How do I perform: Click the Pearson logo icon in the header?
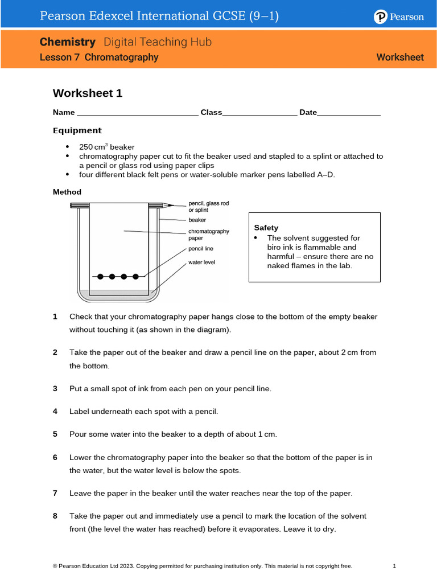(x=381, y=17)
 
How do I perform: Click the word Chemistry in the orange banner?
(x=67, y=42)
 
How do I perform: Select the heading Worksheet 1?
(x=88, y=93)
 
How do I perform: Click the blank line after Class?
(x=259, y=113)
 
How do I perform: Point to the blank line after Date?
(x=349, y=113)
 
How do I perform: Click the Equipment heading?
(x=77, y=130)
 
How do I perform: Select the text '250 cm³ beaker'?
(x=106, y=147)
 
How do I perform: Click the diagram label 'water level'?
(x=201, y=262)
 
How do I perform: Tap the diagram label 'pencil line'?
(x=201, y=248)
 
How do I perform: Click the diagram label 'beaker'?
(x=197, y=219)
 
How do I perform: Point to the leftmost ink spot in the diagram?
(x=101, y=277)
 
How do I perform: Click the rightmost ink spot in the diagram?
(x=135, y=277)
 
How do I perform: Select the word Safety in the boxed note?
(x=266, y=228)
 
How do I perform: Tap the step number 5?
(x=55, y=434)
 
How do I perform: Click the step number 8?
(x=55, y=516)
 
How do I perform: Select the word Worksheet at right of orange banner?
(x=400, y=57)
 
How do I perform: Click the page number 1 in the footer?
(x=394, y=566)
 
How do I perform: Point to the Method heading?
(x=67, y=192)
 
